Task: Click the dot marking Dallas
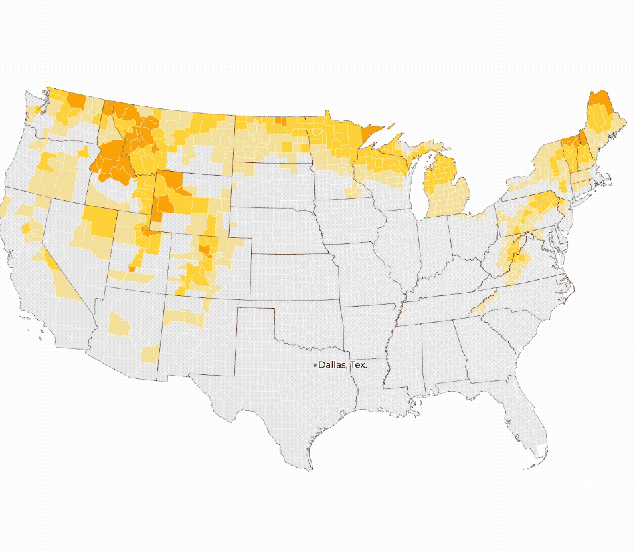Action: click(315, 365)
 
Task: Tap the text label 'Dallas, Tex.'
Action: click(343, 365)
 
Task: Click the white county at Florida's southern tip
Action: click(542, 449)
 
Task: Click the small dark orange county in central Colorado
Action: click(205, 250)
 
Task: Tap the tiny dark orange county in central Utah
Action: click(131, 269)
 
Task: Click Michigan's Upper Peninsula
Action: click(392, 152)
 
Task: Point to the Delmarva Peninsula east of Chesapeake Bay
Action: click(562, 239)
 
